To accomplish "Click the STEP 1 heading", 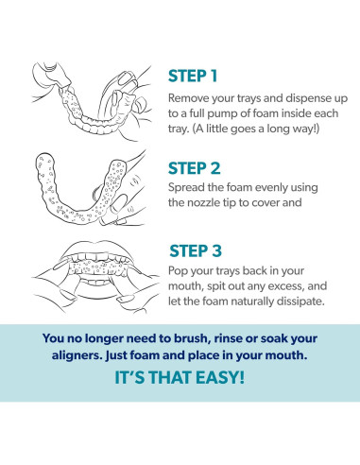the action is (x=193, y=76).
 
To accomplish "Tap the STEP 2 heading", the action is (x=194, y=168).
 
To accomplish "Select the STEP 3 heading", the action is (x=196, y=251).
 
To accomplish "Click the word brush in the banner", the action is (x=191, y=338).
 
